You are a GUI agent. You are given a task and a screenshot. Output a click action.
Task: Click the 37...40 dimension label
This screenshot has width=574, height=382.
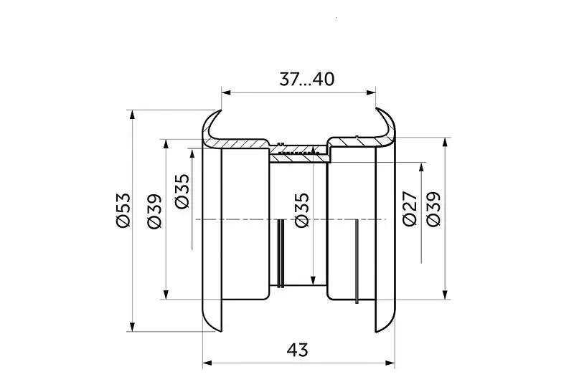tap(307, 79)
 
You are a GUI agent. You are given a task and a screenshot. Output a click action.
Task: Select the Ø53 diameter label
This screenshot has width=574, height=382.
tap(122, 210)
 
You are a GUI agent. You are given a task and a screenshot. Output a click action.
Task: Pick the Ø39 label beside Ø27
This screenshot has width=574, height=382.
tap(433, 209)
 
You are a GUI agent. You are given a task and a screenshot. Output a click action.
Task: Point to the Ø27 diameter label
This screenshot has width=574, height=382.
tap(409, 209)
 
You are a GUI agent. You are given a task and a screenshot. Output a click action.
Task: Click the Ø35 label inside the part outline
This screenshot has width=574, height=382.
tap(301, 210)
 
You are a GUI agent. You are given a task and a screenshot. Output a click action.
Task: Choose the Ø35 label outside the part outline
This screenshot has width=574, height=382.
tap(182, 191)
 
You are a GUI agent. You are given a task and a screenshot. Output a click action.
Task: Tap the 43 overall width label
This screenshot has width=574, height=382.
tap(297, 350)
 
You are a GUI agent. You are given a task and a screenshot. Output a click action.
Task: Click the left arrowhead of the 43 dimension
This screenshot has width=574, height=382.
tap(207, 363)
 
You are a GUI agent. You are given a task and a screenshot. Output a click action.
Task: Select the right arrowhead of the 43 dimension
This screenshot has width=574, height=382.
tap(390, 363)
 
